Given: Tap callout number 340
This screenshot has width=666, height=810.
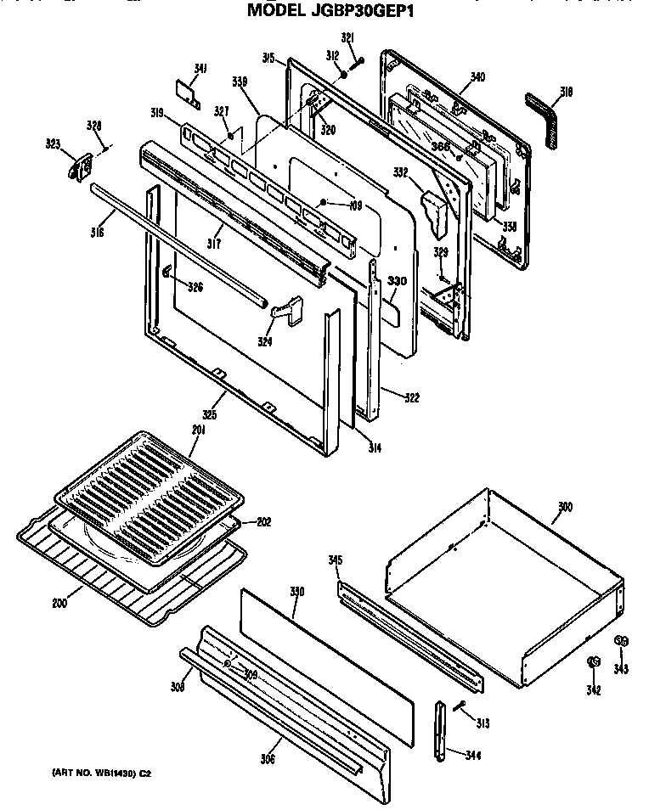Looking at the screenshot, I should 477,77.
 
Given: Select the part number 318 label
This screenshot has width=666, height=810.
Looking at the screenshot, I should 566,92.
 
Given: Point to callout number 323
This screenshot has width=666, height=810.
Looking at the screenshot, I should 54,144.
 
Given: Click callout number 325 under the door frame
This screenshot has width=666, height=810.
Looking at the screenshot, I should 209,415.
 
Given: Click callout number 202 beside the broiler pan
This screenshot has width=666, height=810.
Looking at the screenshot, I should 263,522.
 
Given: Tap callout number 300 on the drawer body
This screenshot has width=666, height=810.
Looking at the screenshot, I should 565,507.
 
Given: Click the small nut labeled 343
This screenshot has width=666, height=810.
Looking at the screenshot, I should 621,640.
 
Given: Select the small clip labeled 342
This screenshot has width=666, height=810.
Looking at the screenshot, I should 594,661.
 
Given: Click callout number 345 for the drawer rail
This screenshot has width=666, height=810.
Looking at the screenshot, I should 335,560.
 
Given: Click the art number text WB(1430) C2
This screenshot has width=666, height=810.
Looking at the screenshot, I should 99,773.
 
